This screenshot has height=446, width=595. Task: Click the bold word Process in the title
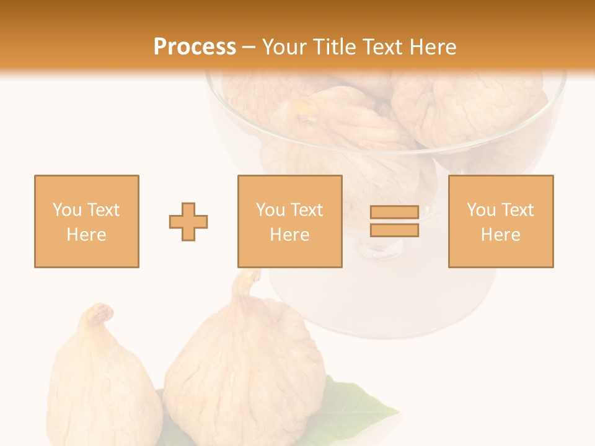(195, 47)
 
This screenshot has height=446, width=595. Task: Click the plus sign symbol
(188, 222)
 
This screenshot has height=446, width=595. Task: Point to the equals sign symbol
(394, 221)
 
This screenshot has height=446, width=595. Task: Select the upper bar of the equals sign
(394, 212)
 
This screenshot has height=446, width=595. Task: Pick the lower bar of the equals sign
(394, 230)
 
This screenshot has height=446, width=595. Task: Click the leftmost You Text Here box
(86, 221)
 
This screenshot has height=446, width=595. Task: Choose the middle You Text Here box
(289, 221)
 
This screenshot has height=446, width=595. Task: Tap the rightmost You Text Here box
(500, 221)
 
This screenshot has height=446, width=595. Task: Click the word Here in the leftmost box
(86, 234)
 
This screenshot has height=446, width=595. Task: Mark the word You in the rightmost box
(481, 210)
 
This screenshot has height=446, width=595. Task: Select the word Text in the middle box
(307, 210)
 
